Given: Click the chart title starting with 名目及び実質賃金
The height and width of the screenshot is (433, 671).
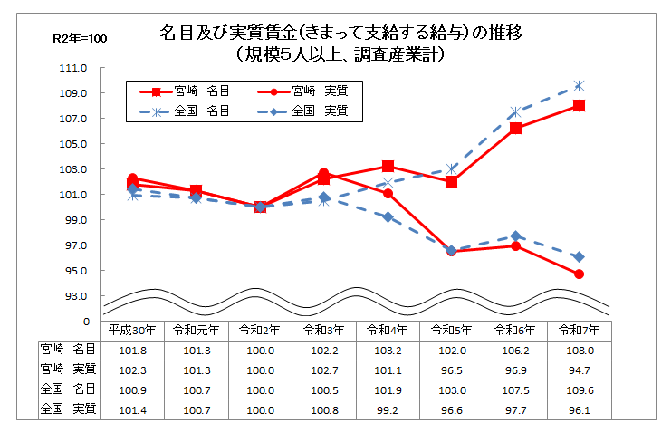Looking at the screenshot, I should tap(340, 34).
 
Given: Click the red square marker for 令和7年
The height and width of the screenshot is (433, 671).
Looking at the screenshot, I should tap(579, 105).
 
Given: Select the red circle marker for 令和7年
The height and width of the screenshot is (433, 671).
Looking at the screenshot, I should tap(579, 274).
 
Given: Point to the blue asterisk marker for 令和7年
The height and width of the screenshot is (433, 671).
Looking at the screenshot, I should tap(579, 85).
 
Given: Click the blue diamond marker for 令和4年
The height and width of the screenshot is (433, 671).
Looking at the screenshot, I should tap(388, 217).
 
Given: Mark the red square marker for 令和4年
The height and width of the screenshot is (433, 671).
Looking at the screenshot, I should tap(388, 167).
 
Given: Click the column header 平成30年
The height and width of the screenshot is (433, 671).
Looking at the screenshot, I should tap(132, 329).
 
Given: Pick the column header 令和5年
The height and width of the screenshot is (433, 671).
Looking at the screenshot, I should tap(451, 329).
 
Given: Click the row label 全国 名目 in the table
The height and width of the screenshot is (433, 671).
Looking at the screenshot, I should tap(69, 389).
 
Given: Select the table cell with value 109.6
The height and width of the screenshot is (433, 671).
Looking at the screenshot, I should tap(579, 390).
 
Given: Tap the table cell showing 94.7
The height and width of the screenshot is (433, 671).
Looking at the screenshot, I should tap(579, 369).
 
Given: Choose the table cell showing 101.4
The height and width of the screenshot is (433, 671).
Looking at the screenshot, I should tap(132, 409).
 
